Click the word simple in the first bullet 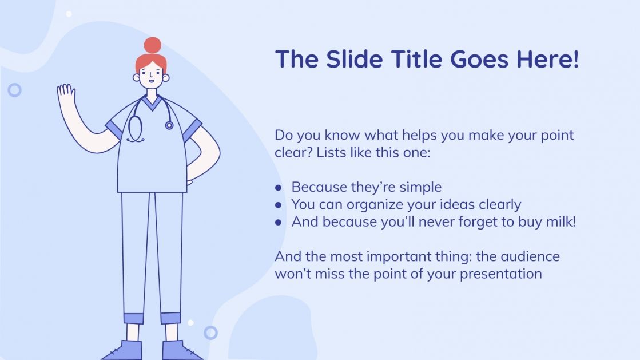(420, 187)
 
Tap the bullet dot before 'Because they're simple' (279, 188)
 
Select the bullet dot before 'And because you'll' (279, 222)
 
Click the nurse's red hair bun (152, 45)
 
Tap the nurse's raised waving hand (66, 96)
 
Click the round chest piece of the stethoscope (169, 125)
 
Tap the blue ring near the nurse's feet (210, 333)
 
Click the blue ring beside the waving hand (14, 90)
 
